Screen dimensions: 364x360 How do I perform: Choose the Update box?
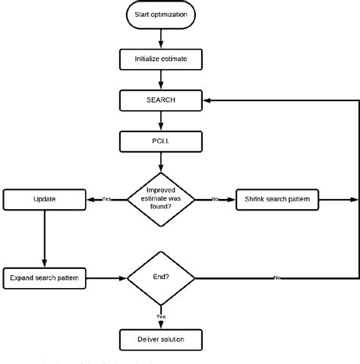click(43, 200)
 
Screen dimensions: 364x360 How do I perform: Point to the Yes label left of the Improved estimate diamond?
click(107, 200)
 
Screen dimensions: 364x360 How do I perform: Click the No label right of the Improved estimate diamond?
click(215, 200)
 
